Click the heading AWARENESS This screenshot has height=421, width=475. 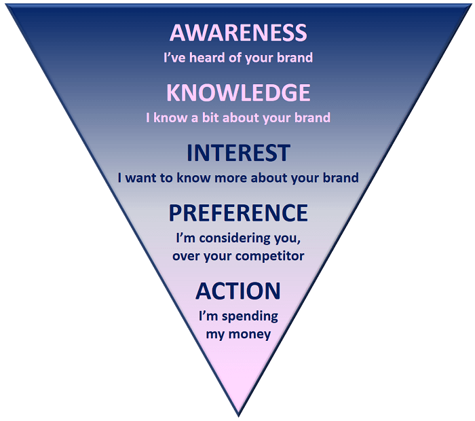click(x=237, y=32)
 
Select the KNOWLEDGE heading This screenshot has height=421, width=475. click(x=237, y=92)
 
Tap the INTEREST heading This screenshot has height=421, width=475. click(x=237, y=153)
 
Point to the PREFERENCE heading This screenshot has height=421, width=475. click(x=237, y=213)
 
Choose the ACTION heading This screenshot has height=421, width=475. click(x=237, y=291)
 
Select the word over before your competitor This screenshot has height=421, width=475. click(x=187, y=256)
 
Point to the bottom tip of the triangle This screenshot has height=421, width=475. click(x=238, y=415)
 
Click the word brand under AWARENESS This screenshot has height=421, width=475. click(x=295, y=58)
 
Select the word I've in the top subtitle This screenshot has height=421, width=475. click(x=174, y=58)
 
